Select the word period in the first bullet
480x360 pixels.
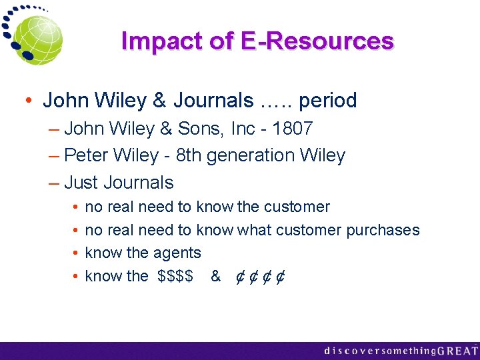pos(328,101)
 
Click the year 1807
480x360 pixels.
pos(293,128)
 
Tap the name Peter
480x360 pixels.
pos(86,156)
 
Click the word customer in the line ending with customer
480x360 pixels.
pos(297,207)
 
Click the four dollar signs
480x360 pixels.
pos(176,276)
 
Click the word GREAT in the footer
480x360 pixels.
pos(458,350)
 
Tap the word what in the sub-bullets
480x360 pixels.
pos(255,231)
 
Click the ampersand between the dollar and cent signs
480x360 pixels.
pos(215,276)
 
